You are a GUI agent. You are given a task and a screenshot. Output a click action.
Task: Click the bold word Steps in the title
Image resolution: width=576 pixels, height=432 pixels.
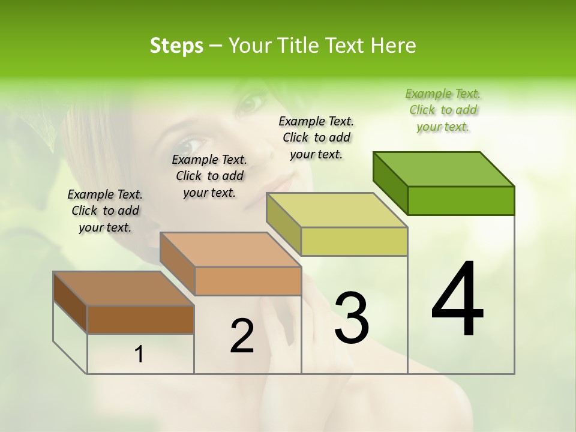pyautogui.click(x=176, y=46)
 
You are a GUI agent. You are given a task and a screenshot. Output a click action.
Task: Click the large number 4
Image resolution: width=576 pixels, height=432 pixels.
pyautogui.click(x=457, y=300)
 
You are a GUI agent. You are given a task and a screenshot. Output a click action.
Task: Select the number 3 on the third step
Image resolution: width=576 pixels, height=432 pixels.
pyautogui.click(x=352, y=318)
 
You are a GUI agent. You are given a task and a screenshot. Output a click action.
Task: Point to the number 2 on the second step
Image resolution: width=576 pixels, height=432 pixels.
pyautogui.click(x=242, y=336)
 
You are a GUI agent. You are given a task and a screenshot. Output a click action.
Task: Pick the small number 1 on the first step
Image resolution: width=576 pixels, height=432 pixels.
pyautogui.click(x=139, y=355)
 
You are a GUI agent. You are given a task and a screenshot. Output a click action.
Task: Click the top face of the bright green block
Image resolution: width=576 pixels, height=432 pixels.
pyautogui.click(x=444, y=169)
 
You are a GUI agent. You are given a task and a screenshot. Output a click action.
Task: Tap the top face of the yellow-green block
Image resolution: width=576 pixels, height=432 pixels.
pyautogui.click(x=337, y=210)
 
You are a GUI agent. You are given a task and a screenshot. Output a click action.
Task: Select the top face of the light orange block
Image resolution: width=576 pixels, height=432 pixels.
pyautogui.click(x=230, y=250)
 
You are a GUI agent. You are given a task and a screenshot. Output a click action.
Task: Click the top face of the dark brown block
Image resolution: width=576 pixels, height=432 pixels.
pyautogui.click(x=124, y=289)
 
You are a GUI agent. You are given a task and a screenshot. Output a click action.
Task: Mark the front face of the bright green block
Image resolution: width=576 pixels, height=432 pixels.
pyautogui.click(x=461, y=200)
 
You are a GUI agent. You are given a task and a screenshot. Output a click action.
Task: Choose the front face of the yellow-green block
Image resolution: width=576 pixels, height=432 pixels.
pyautogui.click(x=354, y=241)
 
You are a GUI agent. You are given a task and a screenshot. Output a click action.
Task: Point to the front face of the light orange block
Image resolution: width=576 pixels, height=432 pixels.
pyautogui.click(x=248, y=281)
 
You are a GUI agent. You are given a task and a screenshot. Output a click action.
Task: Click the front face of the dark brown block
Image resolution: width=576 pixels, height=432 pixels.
pyautogui.click(x=140, y=319)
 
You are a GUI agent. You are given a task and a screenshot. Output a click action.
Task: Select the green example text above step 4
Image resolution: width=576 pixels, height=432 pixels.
pyautogui.click(x=443, y=110)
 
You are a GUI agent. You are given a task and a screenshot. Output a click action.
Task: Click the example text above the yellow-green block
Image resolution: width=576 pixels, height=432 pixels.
pyautogui.click(x=316, y=137)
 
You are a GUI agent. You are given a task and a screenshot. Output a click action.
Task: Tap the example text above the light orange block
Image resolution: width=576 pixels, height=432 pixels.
pyautogui.click(x=209, y=176)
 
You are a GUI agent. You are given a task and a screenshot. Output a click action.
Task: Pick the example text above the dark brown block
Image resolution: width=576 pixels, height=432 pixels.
pyautogui.click(x=105, y=211)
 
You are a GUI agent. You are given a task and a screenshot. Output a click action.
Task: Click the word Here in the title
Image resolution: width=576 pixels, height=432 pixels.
pyautogui.click(x=393, y=46)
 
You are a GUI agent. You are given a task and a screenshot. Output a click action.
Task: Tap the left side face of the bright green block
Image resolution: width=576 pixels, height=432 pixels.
pyautogui.click(x=390, y=182)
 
